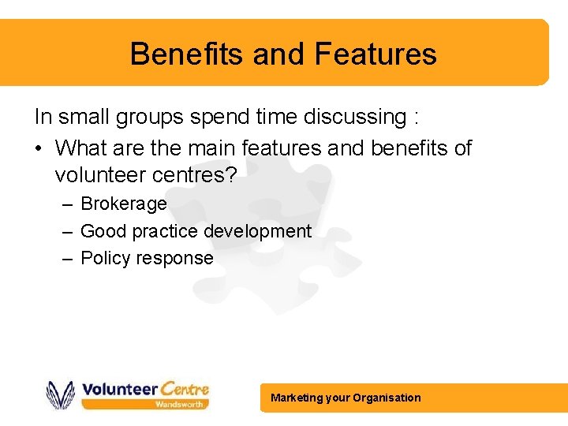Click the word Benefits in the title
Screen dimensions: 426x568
[186, 54]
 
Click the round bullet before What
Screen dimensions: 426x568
[39, 148]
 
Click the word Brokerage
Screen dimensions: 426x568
[124, 204]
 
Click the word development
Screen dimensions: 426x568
[257, 231]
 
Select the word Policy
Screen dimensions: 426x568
[104, 258]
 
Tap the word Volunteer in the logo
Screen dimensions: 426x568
[119, 388]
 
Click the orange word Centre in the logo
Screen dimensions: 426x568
[185, 388]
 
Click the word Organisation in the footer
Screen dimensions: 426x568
[387, 398]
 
